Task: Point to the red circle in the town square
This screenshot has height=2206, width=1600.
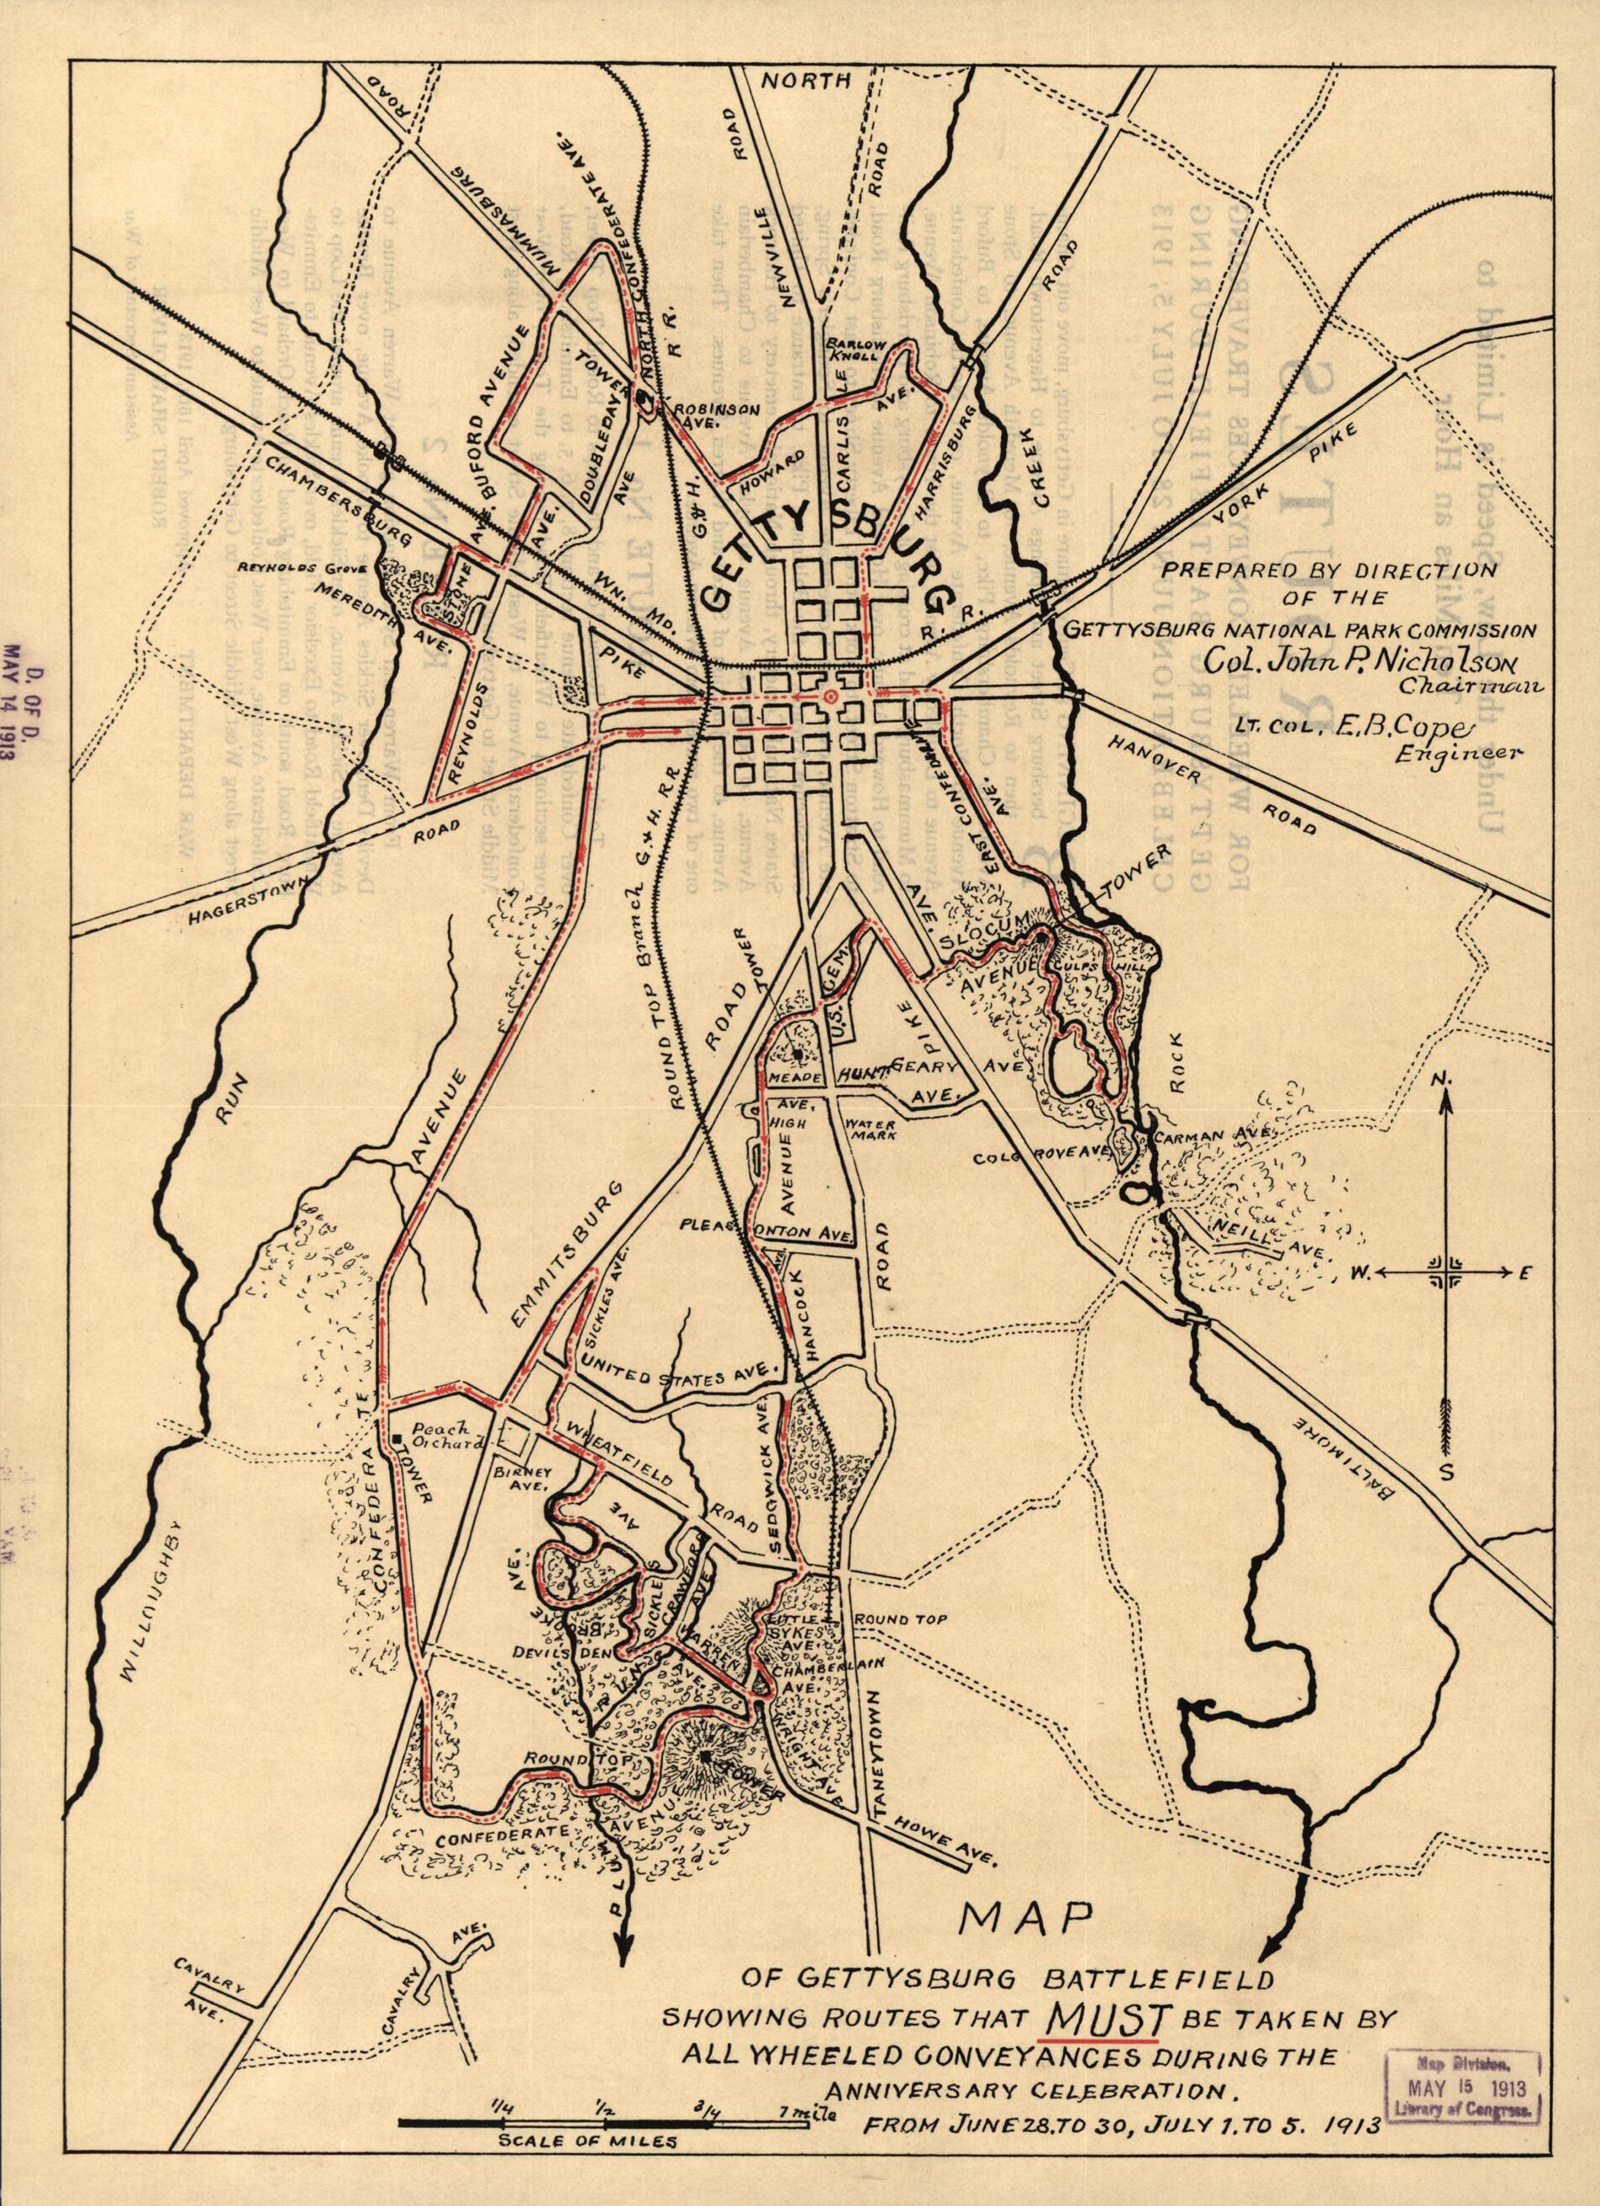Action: coord(829,698)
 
